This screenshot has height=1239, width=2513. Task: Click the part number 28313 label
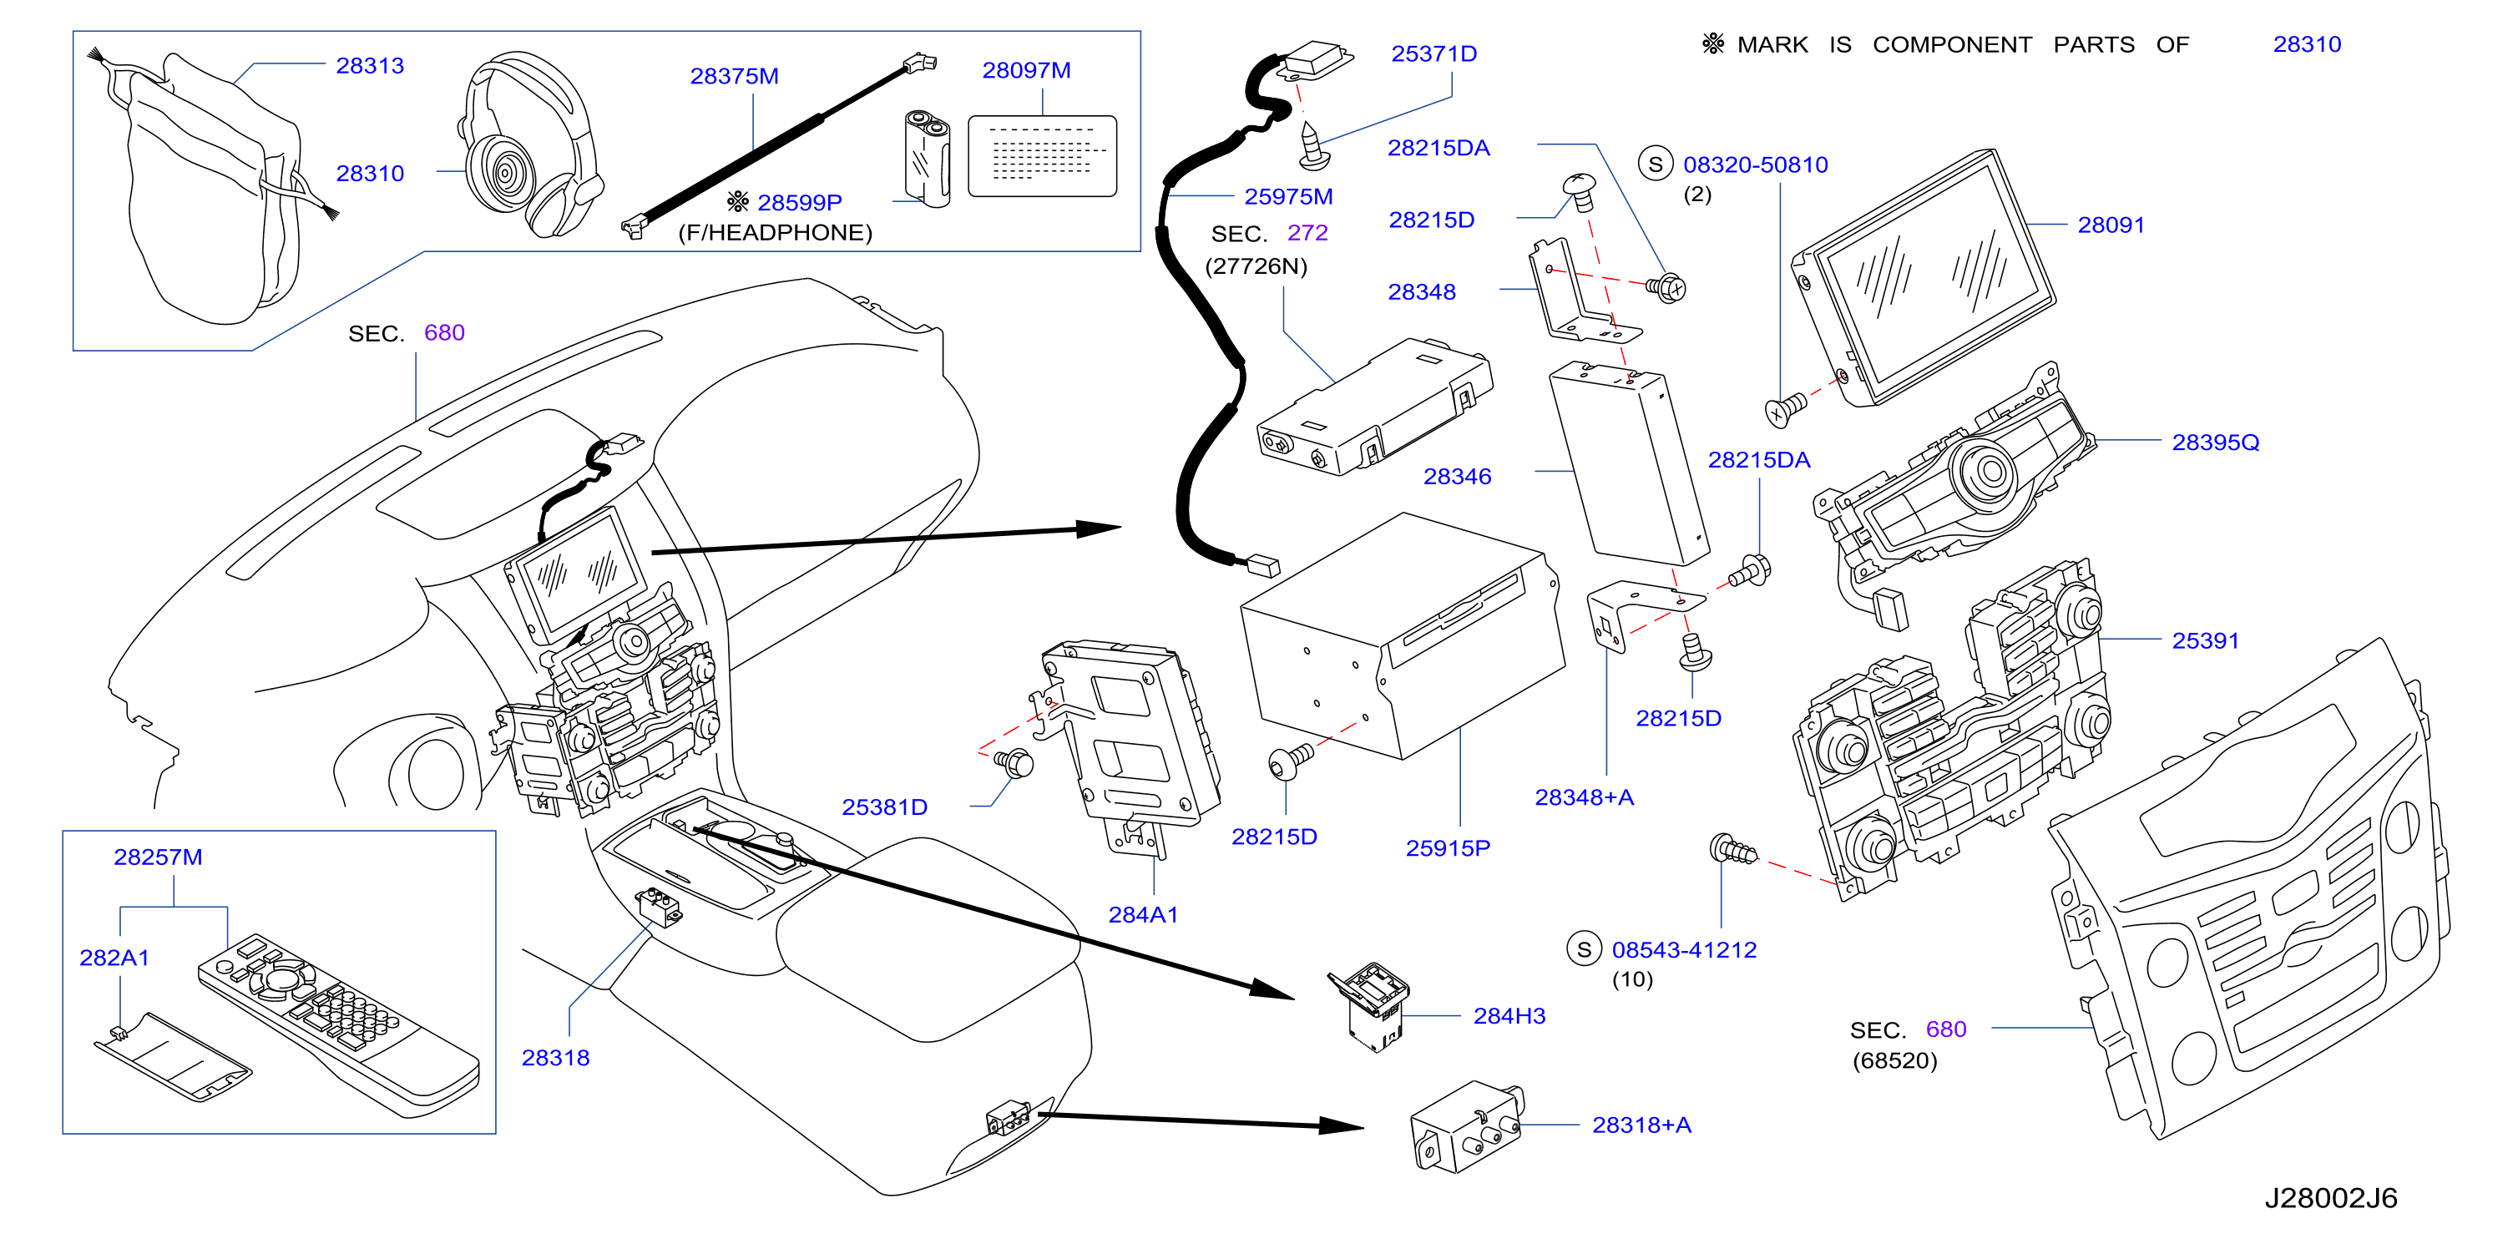[370, 65]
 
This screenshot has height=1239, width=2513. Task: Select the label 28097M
[1026, 70]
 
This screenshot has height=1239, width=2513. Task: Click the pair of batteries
[927, 158]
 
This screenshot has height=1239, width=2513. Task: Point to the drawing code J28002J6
[2330, 1198]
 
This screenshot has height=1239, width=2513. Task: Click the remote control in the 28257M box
[338, 1024]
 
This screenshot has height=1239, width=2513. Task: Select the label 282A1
[114, 957]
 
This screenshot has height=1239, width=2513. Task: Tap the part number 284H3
[1509, 1015]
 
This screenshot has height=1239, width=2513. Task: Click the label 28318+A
[1642, 1125]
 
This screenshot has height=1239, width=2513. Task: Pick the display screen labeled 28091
[1924, 277]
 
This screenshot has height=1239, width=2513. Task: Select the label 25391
[2205, 640]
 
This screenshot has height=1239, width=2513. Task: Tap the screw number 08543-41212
[1684, 949]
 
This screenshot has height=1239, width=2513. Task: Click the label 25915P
[1448, 847]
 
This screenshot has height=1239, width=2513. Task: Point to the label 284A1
[1143, 914]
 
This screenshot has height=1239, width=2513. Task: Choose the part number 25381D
[885, 807]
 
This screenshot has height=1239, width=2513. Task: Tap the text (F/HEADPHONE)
[775, 232]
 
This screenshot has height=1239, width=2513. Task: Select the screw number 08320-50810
[1755, 164]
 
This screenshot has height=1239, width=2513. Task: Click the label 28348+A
[1585, 797]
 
